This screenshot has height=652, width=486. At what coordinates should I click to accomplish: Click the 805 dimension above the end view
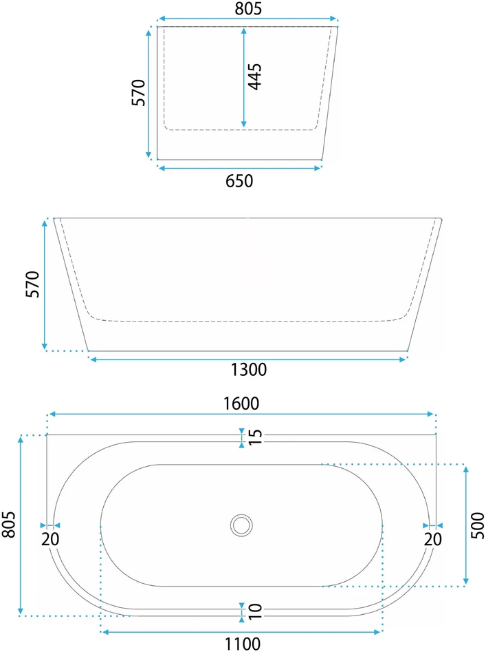(x=248, y=8)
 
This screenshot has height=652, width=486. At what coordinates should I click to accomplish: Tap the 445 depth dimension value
(x=254, y=76)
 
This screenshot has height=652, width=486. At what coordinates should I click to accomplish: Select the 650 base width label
(x=239, y=181)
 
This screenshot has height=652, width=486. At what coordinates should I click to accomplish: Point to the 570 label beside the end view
(x=139, y=92)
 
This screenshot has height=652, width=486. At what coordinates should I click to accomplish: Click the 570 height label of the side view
(x=33, y=284)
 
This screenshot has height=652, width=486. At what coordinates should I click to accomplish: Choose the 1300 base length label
(x=249, y=369)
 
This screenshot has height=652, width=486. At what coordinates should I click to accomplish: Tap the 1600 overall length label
(x=241, y=403)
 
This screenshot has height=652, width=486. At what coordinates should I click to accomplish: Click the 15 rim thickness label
(x=255, y=437)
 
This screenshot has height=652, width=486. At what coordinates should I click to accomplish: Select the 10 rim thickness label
(x=255, y=611)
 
